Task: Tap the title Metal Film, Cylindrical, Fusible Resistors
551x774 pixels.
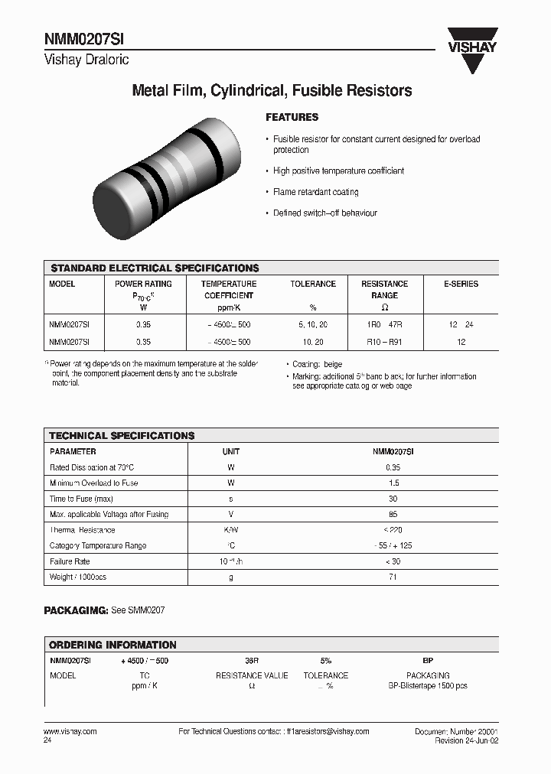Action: coord(272,91)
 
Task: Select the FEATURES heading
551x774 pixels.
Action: coord(292,118)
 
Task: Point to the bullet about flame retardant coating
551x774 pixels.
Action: coord(315,192)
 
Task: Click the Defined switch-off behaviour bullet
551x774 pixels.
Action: coord(324,213)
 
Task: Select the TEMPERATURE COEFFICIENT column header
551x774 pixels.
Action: coord(228,289)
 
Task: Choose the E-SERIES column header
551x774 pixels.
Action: coord(461,284)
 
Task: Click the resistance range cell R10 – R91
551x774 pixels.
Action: coord(384,343)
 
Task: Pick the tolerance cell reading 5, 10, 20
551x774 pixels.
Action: coord(312,325)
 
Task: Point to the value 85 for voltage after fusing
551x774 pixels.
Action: coord(393,515)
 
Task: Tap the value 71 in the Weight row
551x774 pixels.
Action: coord(393,577)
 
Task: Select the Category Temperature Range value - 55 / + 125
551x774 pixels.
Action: coord(393,546)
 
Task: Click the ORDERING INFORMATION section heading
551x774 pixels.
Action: coord(112,645)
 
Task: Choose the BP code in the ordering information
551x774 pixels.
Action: coord(428,660)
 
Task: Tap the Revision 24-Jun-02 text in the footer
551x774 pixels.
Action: coord(466,741)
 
